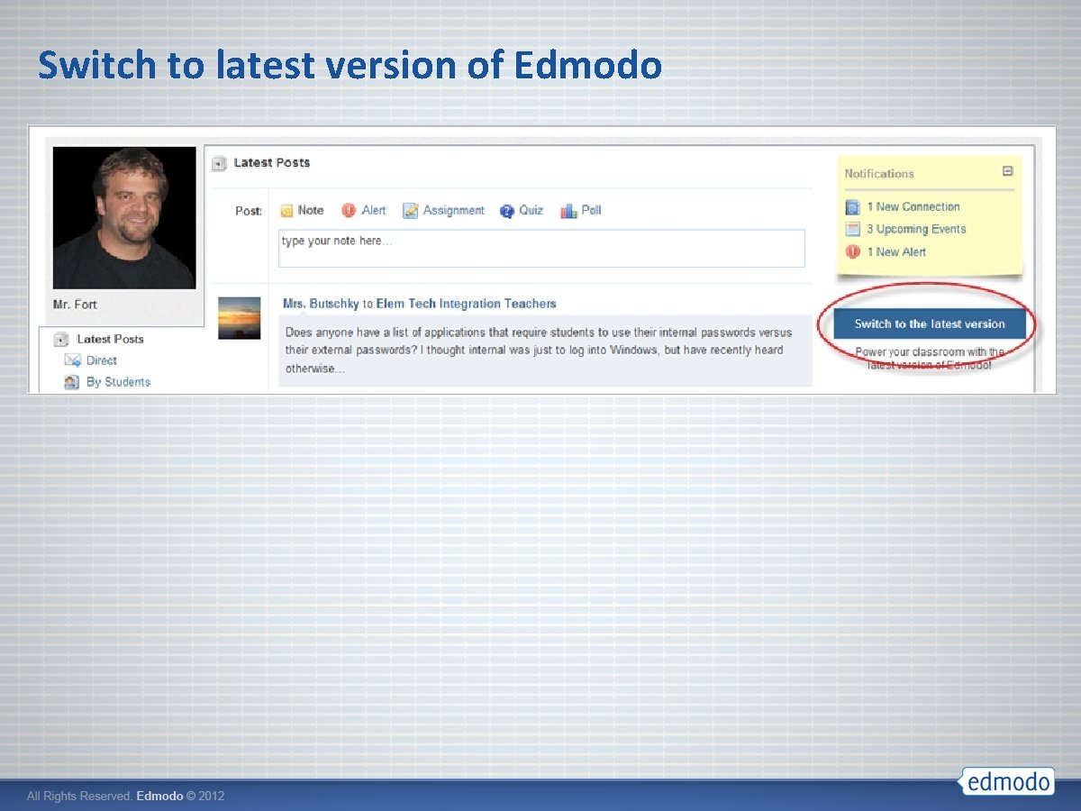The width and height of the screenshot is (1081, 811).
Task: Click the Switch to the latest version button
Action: tap(929, 324)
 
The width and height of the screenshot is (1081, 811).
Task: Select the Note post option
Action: tap(302, 211)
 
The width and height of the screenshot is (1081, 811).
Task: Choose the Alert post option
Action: tap(364, 211)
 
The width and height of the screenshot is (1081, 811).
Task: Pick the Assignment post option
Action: tap(444, 211)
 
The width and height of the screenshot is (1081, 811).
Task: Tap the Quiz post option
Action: tap(522, 211)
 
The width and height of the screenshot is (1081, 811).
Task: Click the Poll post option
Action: tap(581, 211)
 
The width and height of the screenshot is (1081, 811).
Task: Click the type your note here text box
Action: tap(541, 249)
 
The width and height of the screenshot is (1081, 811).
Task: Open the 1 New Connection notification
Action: tap(913, 207)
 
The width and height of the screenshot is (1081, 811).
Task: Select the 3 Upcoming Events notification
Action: tap(915, 230)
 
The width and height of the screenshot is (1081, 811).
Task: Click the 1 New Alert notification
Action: tap(895, 252)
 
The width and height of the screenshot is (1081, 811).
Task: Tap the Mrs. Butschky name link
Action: tap(321, 305)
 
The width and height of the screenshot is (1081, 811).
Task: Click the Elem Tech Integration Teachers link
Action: tap(466, 305)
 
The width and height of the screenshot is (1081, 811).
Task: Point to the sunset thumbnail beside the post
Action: tap(240, 318)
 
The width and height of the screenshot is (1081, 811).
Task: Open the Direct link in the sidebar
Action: tap(101, 360)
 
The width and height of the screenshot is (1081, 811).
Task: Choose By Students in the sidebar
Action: tap(118, 382)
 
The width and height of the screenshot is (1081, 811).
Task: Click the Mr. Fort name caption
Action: tap(75, 305)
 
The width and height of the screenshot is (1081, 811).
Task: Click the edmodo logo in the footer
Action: tap(1007, 780)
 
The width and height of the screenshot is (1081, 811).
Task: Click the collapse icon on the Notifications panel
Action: tap(1008, 171)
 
